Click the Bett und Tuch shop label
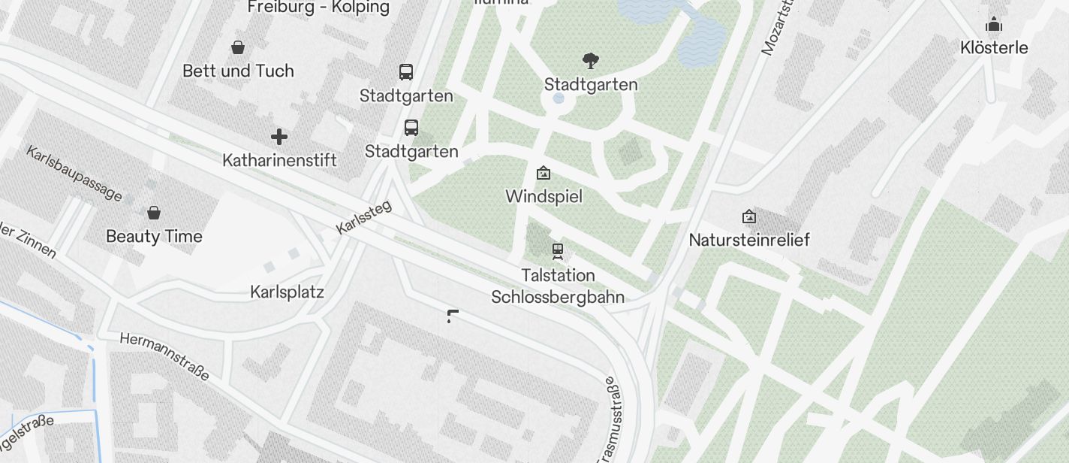pos(238,71)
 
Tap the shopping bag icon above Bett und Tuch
pos(238,48)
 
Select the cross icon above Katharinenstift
pos(279,137)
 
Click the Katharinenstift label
pos(279,160)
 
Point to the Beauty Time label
pos(154,237)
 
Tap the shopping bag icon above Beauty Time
pos(154,213)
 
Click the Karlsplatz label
pos(287,292)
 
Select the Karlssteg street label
pos(364,216)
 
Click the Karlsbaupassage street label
pos(74,174)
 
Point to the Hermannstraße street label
pos(164,356)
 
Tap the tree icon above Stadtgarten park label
pos(591,61)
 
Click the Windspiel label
pos(544,197)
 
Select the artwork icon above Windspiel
pos(544,174)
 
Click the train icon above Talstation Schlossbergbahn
pos(557,250)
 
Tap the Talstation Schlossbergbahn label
pos(558,286)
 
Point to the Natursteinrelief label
pos(749,241)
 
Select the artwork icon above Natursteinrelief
pos(748,217)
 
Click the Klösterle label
pos(994,48)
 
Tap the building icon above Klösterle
pos(994,25)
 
